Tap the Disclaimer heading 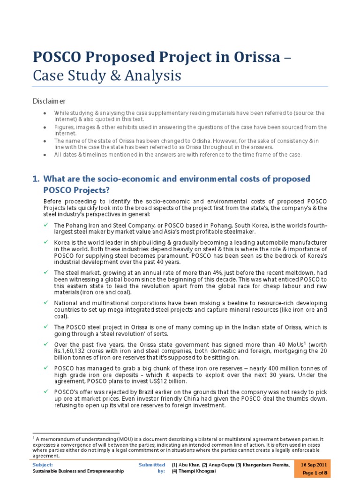(49, 101)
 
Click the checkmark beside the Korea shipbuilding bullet (45, 242)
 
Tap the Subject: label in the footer (43, 464)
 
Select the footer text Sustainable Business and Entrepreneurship (78, 471)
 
